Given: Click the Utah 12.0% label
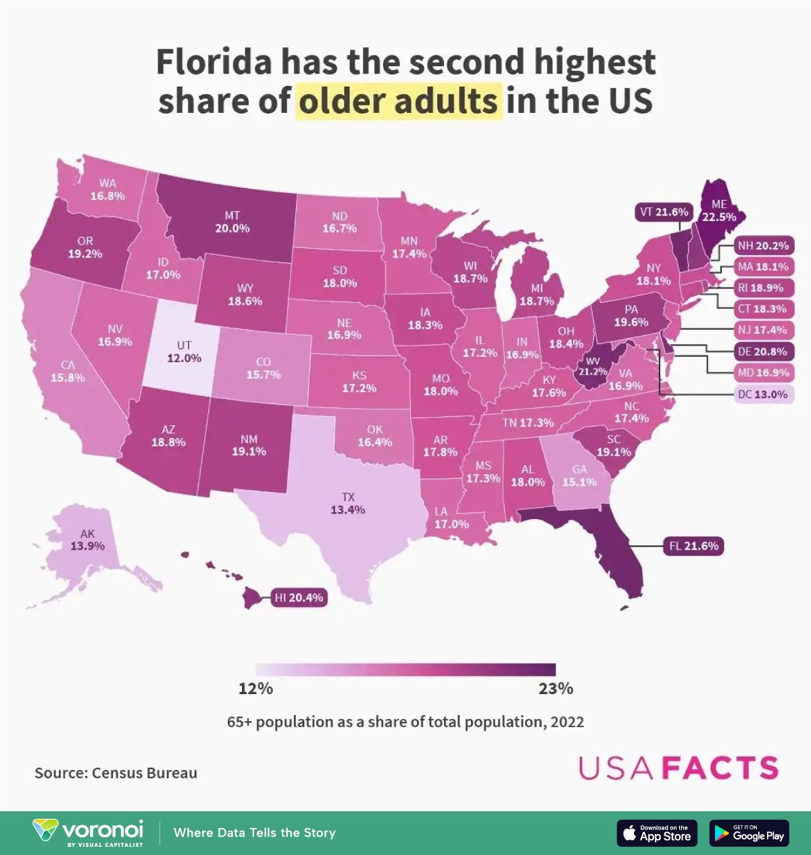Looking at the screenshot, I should pos(184,352).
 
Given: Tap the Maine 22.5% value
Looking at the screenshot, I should pos(718,217).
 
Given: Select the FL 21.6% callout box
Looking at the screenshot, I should pos(694,545).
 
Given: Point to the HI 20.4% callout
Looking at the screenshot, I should pos(299,597).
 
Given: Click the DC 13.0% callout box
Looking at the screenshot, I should pos(762,394).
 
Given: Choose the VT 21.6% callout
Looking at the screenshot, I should pos(664,212).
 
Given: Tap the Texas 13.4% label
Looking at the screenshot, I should pos(347,504).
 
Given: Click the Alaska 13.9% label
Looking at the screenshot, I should pos(87,540).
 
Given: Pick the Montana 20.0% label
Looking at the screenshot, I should pos(232,222).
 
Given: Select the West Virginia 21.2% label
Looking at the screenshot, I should pos(592,366).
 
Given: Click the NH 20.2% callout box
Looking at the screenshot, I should pos(763,246).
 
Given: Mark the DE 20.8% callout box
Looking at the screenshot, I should pos(762,351).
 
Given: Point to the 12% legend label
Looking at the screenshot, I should pos(255,689).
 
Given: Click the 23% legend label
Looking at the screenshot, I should pos(556,689).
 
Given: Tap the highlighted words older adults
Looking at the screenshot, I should pos(399,101).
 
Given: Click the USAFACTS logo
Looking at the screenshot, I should pos(678,768).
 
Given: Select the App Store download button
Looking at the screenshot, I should pos(657,833).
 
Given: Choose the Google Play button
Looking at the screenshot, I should pos(749,833).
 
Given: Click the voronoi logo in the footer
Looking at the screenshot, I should pos(89,833).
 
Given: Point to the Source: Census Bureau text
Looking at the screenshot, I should pos(116,773).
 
